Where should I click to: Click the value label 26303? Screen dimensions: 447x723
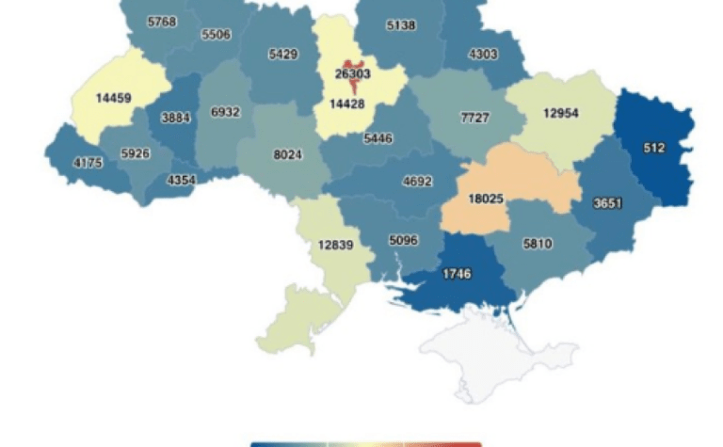[355, 73]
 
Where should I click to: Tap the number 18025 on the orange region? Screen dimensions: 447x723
[491, 199]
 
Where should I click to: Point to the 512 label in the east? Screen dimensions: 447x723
[655, 148]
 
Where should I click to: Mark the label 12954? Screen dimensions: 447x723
[560, 114]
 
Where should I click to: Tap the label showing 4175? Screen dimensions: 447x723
[89, 163]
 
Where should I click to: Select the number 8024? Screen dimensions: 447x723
[287, 154]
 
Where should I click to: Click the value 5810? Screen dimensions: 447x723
[537, 245]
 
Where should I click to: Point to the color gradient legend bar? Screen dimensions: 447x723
[365, 443]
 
